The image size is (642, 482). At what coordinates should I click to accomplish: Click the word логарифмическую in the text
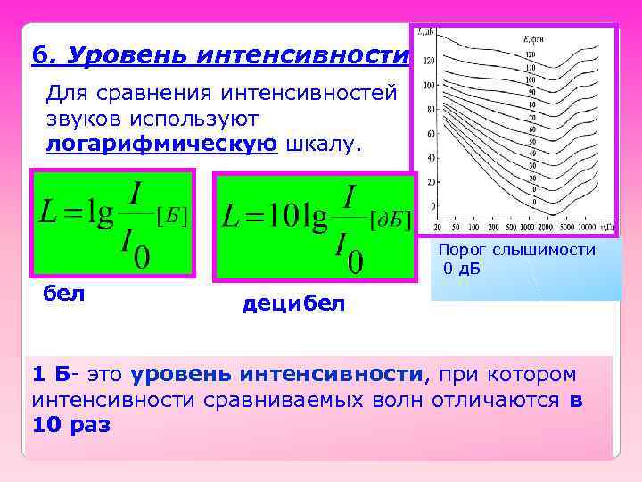(x=161, y=146)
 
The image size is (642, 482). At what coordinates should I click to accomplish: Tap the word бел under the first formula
(x=63, y=293)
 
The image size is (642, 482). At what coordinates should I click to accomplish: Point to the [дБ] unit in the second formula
(x=391, y=219)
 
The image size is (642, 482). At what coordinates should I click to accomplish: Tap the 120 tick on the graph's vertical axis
(x=428, y=61)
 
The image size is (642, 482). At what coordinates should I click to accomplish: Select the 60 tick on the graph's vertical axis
(x=430, y=134)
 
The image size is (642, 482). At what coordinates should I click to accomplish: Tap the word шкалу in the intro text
(x=322, y=146)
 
